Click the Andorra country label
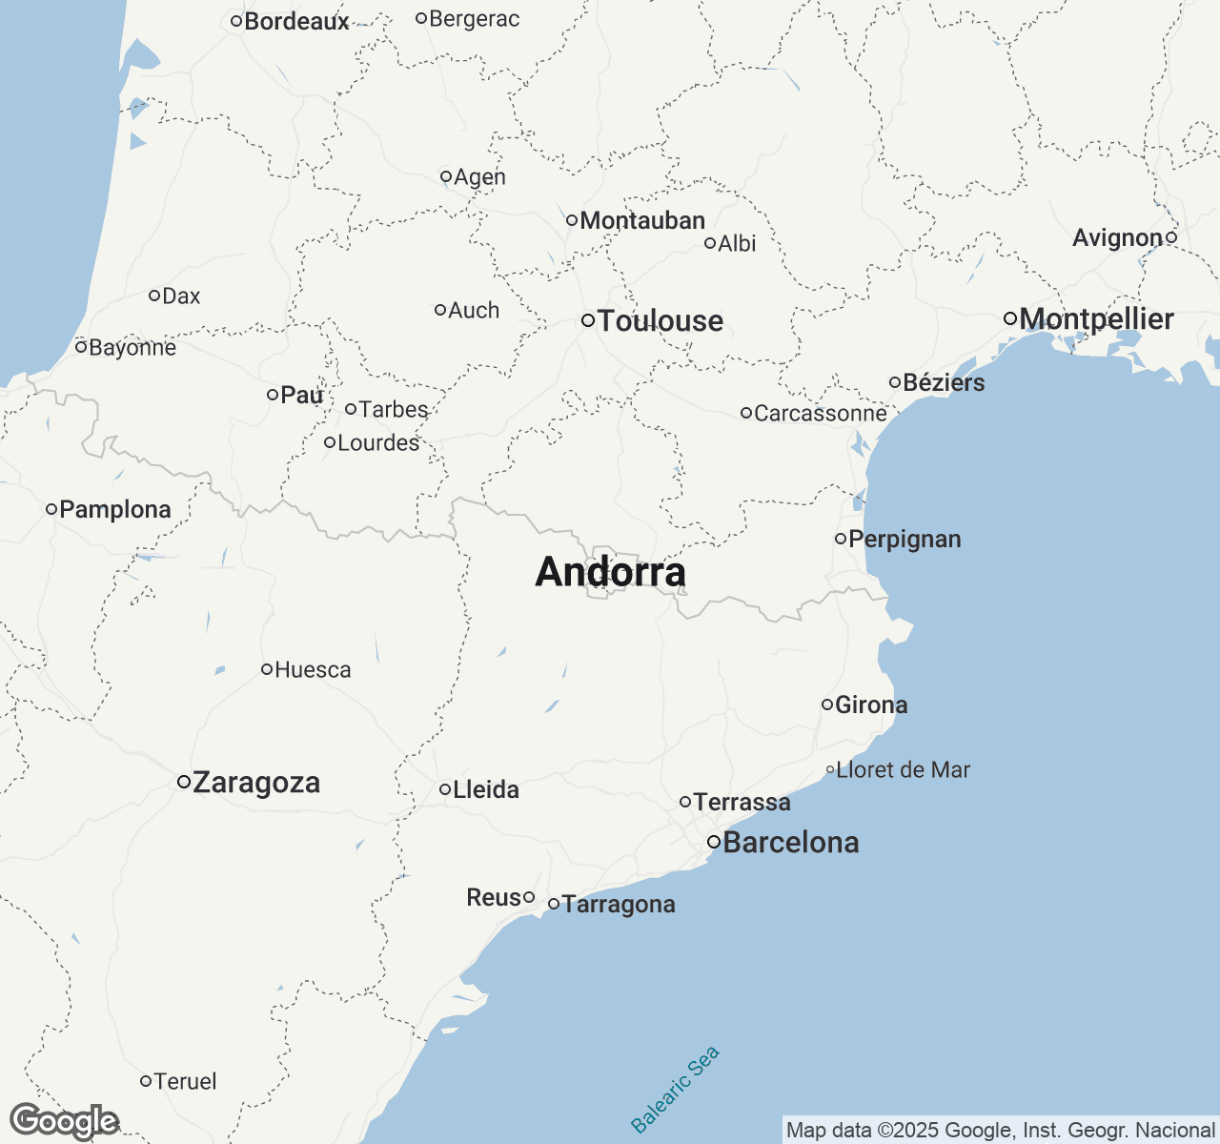coord(610,572)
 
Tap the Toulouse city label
coord(660,321)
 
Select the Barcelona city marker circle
coord(713,842)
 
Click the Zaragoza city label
coord(255,783)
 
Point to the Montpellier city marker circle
coord(1010,318)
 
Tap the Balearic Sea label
coord(676,1090)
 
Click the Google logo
coord(64,1122)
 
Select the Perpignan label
coord(904,540)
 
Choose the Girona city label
coord(870,705)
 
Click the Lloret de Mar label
coord(902,770)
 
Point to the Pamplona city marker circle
coord(51,509)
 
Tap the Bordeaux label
coord(296,21)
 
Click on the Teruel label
coord(184,1081)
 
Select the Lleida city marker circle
coord(445,789)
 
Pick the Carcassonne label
coord(820,414)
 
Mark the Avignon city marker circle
coord(1171,237)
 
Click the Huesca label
coord(312,670)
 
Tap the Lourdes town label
coord(377,443)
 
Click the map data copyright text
coord(1000,1131)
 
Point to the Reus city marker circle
coord(529,897)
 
